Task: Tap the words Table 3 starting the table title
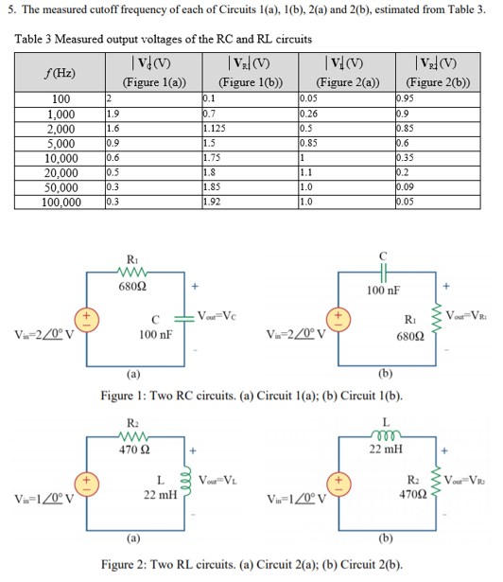tap(35, 38)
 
